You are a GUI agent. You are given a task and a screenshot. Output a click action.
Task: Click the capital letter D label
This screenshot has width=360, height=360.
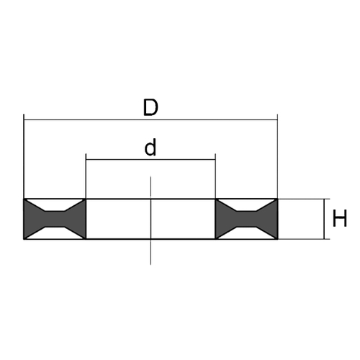tap(150, 108)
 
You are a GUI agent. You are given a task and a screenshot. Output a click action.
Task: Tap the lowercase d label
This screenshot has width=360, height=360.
tap(150, 148)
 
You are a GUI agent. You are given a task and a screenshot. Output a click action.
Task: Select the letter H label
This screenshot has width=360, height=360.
tap(340, 218)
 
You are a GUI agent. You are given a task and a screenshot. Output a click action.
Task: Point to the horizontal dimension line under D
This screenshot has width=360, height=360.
tap(150, 120)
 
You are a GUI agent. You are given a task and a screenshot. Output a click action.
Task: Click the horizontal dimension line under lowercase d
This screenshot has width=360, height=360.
tap(150, 159)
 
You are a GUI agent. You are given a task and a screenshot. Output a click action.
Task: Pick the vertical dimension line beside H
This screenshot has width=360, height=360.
tap(325, 219)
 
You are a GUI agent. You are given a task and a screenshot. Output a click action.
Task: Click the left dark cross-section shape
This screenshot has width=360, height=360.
tap(55, 219)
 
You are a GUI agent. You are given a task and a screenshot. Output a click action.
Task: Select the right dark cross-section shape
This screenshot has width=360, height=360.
tap(246, 219)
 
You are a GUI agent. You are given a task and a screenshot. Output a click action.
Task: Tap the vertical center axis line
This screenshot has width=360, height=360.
tap(150, 220)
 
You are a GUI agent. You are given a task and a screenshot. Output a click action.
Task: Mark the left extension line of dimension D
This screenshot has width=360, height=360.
tap(24, 156)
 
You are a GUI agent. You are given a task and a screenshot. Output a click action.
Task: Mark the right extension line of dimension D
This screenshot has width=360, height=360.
tap(277, 156)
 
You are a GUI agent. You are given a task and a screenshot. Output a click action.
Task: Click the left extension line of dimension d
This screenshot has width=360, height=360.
tap(86, 176)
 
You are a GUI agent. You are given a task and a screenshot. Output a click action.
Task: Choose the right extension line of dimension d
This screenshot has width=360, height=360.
tap(215, 176)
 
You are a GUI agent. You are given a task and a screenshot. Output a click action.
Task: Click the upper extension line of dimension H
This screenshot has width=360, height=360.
tap(304, 199)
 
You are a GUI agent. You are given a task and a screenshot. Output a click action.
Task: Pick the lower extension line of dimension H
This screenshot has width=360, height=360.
tap(304, 239)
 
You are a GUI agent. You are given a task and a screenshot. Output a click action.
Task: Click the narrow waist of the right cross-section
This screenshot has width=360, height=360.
tap(246, 219)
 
